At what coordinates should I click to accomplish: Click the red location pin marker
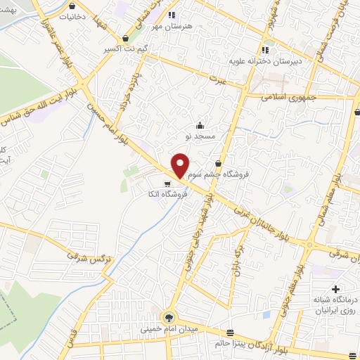tap(181, 165)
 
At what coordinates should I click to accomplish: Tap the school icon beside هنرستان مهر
tap(172, 15)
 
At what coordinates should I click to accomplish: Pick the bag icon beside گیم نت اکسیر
tap(125, 38)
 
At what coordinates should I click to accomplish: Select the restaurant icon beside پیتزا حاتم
tap(230, 333)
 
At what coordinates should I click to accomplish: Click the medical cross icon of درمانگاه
tap(335, 289)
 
